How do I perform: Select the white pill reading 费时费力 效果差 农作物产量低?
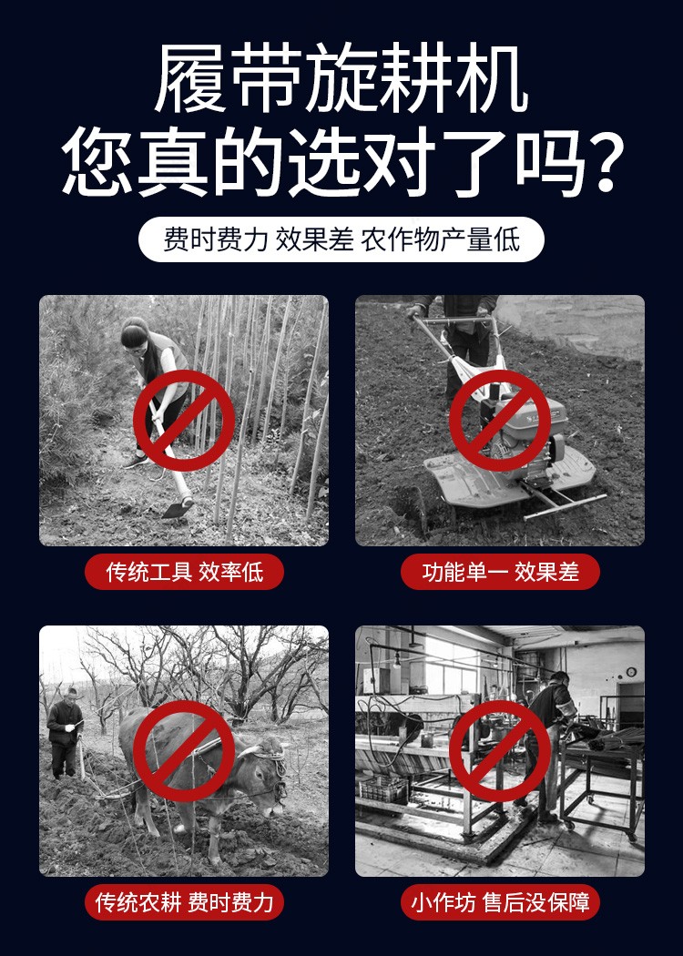[341, 239]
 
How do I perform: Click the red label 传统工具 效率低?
[184, 572]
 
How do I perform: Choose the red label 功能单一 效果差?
[500, 572]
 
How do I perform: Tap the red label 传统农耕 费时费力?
[184, 902]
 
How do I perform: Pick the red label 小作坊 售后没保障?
[500, 902]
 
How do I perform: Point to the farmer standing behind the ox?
[65, 733]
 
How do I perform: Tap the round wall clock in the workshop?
[631, 672]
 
